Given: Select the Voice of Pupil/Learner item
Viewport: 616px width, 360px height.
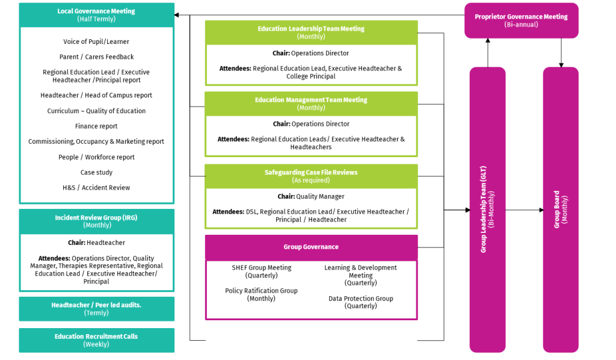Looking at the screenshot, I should pyautogui.click(x=96, y=42).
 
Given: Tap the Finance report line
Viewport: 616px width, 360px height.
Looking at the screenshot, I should pyautogui.click(x=96, y=126).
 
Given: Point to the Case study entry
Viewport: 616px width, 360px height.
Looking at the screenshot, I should pyautogui.click(x=96, y=172).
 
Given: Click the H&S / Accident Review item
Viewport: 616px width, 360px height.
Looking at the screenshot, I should pyautogui.click(x=96, y=188).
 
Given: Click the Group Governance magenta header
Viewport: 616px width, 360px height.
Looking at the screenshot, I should pyautogui.click(x=311, y=247).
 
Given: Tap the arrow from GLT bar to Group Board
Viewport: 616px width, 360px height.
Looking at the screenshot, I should pyautogui.click(x=524, y=210).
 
